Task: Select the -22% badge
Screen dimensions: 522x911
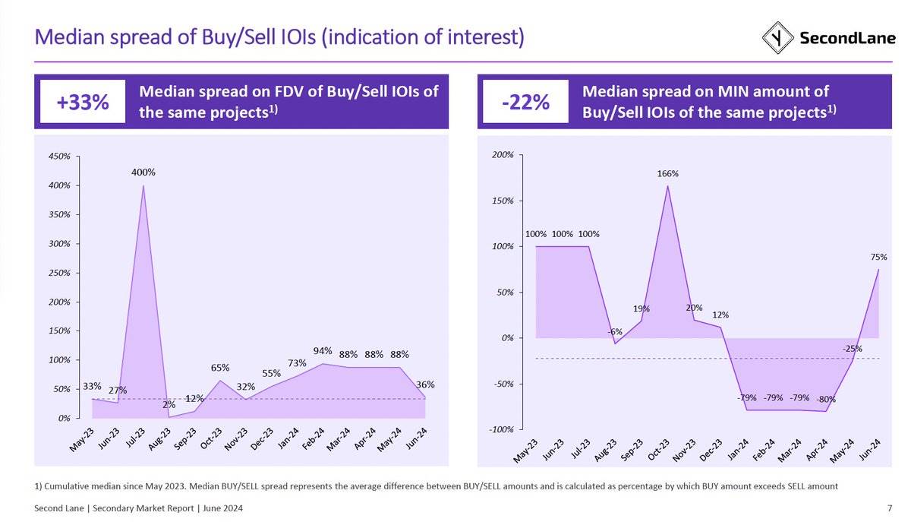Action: (525, 102)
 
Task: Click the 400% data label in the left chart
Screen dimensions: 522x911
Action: (143, 172)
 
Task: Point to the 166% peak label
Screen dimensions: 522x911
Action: (668, 174)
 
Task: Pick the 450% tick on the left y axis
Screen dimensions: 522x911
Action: (59, 157)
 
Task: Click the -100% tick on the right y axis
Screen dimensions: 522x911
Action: (501, 429)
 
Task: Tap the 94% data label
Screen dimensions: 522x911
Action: (323, 351)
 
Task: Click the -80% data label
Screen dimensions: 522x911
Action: (826, 399)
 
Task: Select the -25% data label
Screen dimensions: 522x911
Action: (852, 349)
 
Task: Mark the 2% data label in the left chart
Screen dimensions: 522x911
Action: (169, 405)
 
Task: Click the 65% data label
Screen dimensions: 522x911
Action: (220, 368)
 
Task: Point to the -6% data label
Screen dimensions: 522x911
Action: (615, 332)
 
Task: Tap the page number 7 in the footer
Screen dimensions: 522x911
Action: (889, 508)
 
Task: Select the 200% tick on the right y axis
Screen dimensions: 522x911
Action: (503, 155)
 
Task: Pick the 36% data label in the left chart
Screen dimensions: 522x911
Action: (425, 385)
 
